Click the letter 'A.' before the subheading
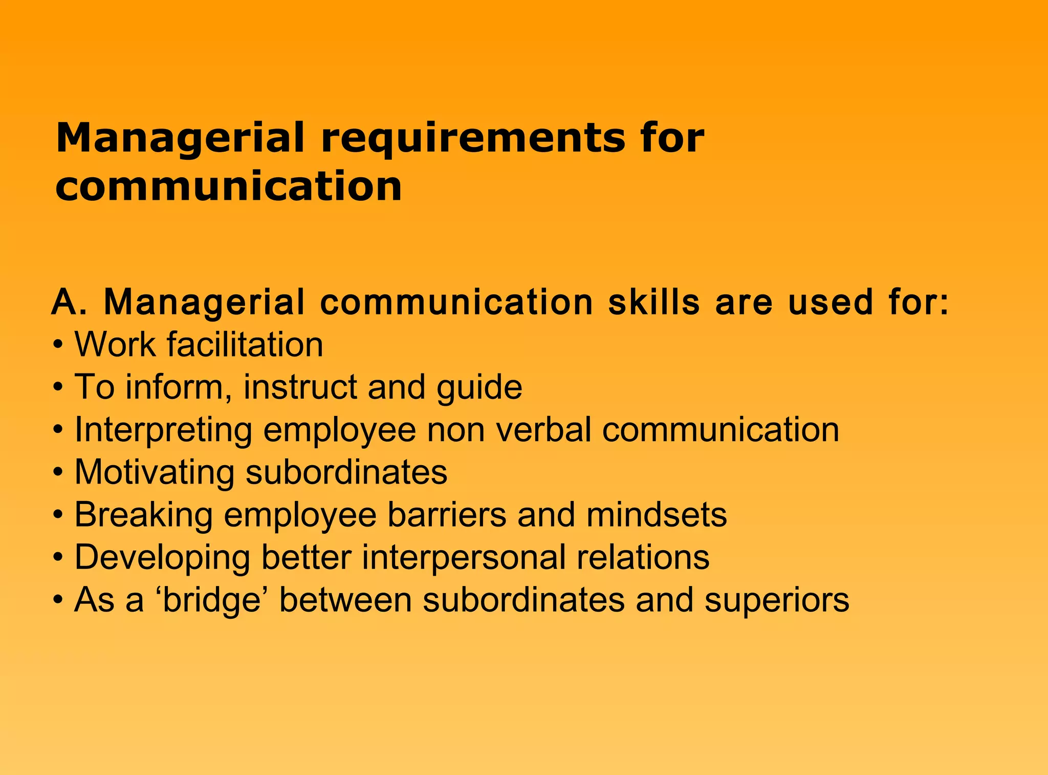coord(70,302)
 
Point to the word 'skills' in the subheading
coord(653,302)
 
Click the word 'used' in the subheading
coord(830,302)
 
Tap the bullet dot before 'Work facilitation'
coord(58,345)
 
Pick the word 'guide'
coord(479,388)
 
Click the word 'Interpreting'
coord(163,430)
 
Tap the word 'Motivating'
coord(154,472)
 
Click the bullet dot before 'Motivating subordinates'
coord(58,472)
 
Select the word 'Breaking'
coord(144,515)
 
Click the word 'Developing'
coord(162,558)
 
